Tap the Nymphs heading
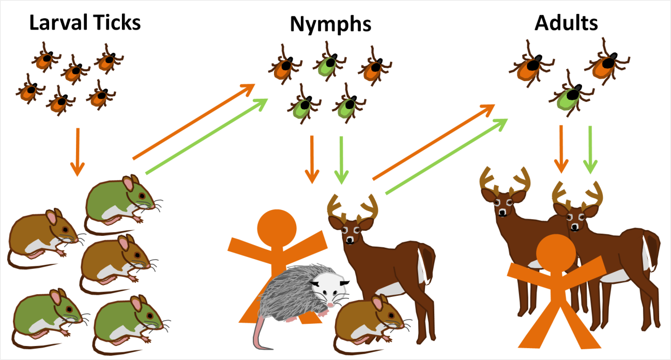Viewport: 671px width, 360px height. click(x=330, y=24)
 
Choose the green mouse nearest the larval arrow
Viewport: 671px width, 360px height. click(x=119, y=199)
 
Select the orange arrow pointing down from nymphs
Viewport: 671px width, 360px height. click(x=312, y=158)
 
